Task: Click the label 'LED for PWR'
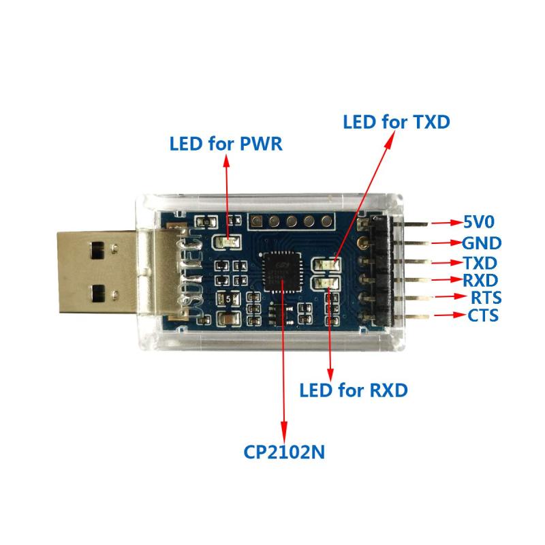(x=226, y=144)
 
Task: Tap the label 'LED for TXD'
(x=396, y=122)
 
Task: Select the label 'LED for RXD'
(x=354, y=390)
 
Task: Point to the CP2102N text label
(x=284, y=452)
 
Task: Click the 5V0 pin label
(x=479, y=221)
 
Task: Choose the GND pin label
(x=482, y=243)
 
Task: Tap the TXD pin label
(x=480, y=263)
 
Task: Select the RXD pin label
(x=480, y=280)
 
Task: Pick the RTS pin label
(x=486, y=298)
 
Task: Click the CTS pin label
(x=483, y=315)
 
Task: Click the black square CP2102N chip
(x=282, y=272)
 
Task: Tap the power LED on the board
(x=227, y=242)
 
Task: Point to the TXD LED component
(x=327, y=265)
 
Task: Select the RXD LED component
(x=327, y=283)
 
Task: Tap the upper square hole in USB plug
(x=97, y=251)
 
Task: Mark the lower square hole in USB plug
(x=98, y=293)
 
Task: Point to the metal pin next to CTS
(x=413, y=316)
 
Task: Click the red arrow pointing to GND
(x=447, y=243)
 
